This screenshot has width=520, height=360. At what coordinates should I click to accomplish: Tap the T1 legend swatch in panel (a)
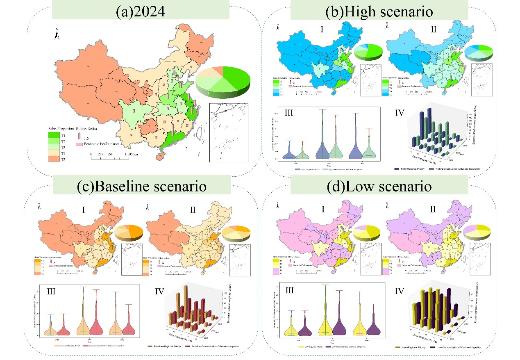pyautogui.click(x=55, y=134)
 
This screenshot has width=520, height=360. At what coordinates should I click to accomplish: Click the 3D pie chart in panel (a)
pyautogui.click(x=223, y=82)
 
